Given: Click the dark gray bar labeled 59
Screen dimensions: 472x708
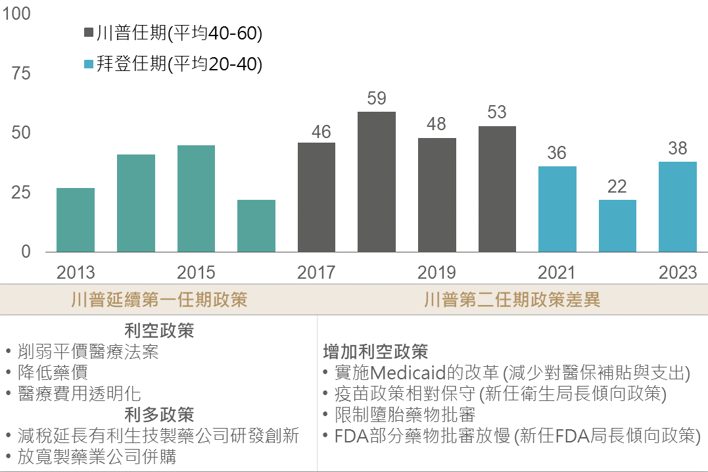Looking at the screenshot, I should click(377, 182).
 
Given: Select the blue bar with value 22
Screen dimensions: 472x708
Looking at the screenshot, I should click(617, 225).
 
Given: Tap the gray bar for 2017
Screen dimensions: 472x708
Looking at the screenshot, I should click(316, 197).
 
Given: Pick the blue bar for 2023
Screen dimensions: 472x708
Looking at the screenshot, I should click(678, 206).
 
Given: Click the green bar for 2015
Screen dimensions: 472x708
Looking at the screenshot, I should click(196, 199).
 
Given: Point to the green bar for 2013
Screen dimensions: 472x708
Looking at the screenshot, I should click(76, 220).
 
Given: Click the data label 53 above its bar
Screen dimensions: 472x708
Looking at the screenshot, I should click(497, 112).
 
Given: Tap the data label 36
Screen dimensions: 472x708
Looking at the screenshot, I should click(557, 153).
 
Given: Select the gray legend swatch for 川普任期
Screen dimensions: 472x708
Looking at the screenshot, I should click(89, 34).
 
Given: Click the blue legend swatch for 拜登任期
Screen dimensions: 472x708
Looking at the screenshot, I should click(89, 64).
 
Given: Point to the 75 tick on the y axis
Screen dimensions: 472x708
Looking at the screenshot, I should click(21, 73).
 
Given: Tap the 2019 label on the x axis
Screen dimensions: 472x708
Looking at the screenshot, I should click(437, 272).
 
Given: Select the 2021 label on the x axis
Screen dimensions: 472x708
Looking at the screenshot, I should click(557, 272).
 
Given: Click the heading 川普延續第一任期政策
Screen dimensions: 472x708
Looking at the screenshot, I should click(159, 300).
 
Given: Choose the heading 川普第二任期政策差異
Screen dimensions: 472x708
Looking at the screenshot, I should click(512, 300).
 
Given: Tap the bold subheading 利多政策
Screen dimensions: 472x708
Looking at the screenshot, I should click(159, 415).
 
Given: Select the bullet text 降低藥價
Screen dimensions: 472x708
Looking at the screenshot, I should click(53, 373).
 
